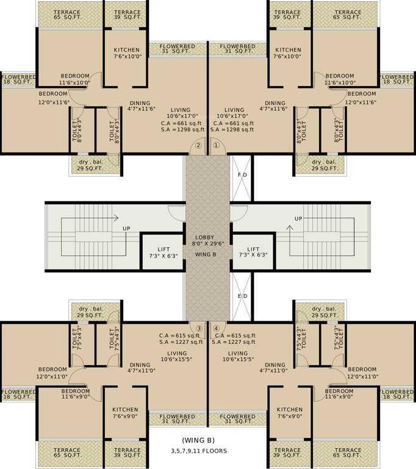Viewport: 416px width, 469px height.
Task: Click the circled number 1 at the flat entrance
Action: (215, 146)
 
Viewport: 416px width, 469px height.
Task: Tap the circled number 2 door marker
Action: (198, 146)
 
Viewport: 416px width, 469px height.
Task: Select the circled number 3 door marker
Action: (198, 327)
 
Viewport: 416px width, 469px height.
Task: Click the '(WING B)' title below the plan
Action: (198, 440)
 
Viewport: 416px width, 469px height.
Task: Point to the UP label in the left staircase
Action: (127, 228)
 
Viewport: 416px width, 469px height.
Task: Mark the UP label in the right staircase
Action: (298, 218)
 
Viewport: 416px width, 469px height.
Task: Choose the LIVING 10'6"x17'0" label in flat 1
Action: (234, 114)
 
